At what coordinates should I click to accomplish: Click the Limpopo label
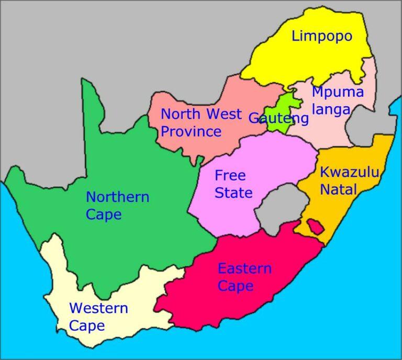click(322, 36)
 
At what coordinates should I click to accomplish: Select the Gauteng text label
click(278, 118)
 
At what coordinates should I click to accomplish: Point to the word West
click(224, 114)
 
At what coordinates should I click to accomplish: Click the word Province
click(191, 131)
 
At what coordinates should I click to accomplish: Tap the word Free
click(230, 175)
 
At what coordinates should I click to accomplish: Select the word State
click(233, 193)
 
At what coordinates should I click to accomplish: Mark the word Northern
click(117, 197)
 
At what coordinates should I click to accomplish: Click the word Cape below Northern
click(104, 215)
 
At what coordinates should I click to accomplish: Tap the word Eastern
click(244, 269)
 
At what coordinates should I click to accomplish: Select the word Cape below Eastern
click(236, 286)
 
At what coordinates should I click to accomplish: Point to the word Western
click(98, 308)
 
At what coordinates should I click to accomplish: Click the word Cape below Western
click(87, 326)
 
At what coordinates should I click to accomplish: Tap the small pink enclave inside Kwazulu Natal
click(315, 227)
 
